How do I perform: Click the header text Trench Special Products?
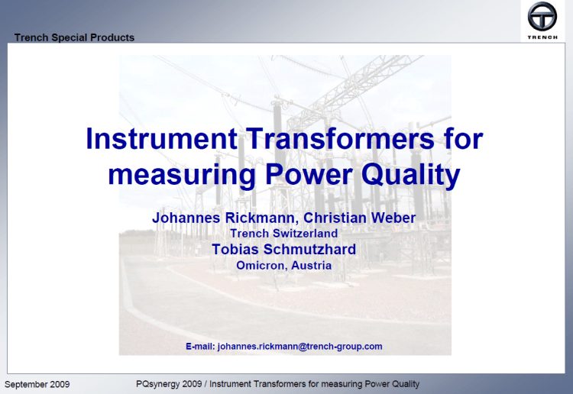pyautogui.click(x=74, y=37)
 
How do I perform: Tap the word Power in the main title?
pyautogui.click(x=309, y=175)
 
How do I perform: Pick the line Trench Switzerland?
pyautogui.click(x=283, y=234)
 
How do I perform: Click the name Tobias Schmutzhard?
pyautogui.click(x=283, y=250)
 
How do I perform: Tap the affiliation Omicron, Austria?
pyautogui.click(x=283, y=266)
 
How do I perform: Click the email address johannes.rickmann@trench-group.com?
pyautogui.click(x=299, y=346)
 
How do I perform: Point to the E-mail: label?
pyautogui.click(x=200, y=346)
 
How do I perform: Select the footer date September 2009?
pyautogui.click(x=37, y=383)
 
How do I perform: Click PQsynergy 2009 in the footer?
pyautogui.click(x=158, y=383)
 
